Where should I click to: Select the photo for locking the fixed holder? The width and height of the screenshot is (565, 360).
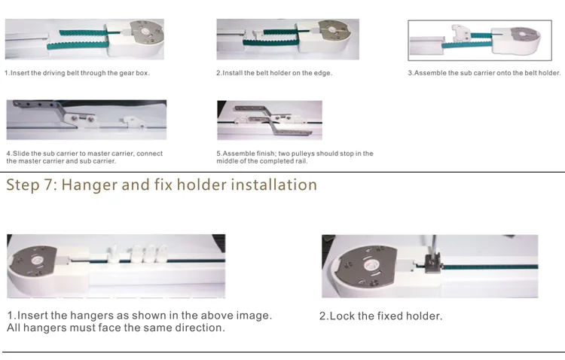[429, 266]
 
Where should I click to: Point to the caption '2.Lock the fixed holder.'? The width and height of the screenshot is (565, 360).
[380, 316]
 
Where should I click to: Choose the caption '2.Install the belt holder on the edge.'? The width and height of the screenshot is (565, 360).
[274, 73]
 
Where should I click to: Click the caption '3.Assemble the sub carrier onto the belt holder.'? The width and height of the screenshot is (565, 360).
[484, 73]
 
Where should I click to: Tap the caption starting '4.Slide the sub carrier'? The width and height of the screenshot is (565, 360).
[84, 157]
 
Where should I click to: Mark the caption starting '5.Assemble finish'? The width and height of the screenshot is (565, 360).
[294, 157]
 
